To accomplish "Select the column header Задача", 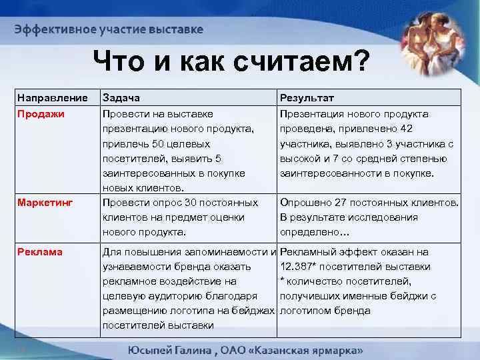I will point(121,99).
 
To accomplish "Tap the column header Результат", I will point(307,99).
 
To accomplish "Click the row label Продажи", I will point(41,114).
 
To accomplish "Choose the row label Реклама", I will point(41,252).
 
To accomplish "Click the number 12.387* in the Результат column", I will point(301,267).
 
